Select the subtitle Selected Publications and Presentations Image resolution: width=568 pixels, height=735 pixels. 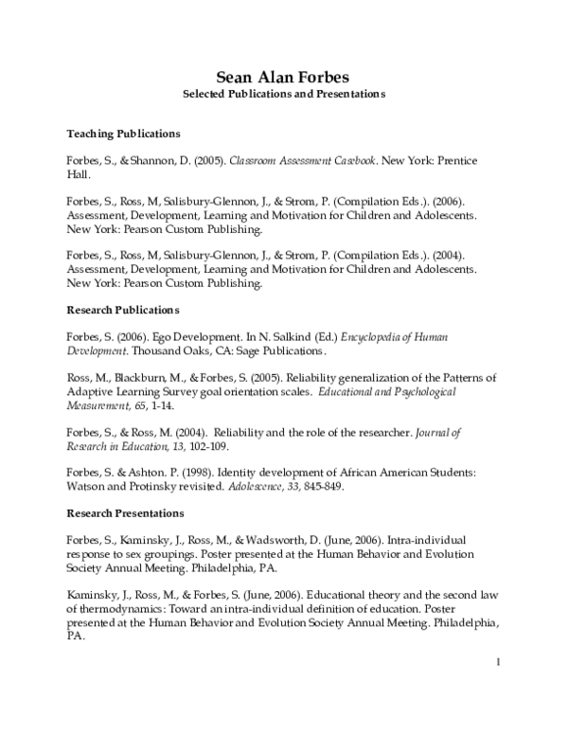pos(284,96)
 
